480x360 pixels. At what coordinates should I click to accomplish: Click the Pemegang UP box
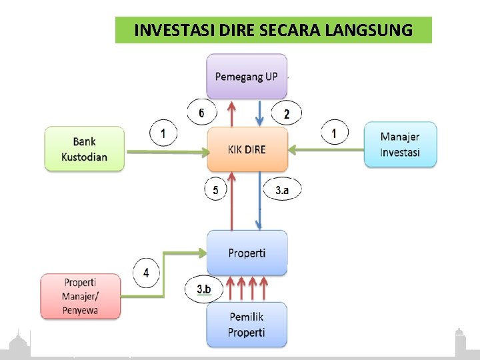(247, 77)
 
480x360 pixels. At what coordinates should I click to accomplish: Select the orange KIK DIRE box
(247, 149)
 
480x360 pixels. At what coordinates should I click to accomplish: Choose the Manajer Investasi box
(400, 145)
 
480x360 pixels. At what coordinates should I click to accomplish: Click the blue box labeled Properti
(247, 253)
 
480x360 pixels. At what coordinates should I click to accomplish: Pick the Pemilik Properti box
(247, 325)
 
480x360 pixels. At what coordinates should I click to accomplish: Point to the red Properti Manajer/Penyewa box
(80, 295)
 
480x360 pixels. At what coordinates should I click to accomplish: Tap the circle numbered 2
(287, 114)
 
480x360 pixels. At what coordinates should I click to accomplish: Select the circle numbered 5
(215, 191)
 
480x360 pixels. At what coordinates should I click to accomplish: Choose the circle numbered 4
(146, 272)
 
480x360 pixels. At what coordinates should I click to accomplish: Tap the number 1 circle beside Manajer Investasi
(334, 133)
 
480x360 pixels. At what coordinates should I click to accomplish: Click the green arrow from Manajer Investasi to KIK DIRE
(327, 150)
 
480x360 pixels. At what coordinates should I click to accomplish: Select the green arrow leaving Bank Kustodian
(167, 153)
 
